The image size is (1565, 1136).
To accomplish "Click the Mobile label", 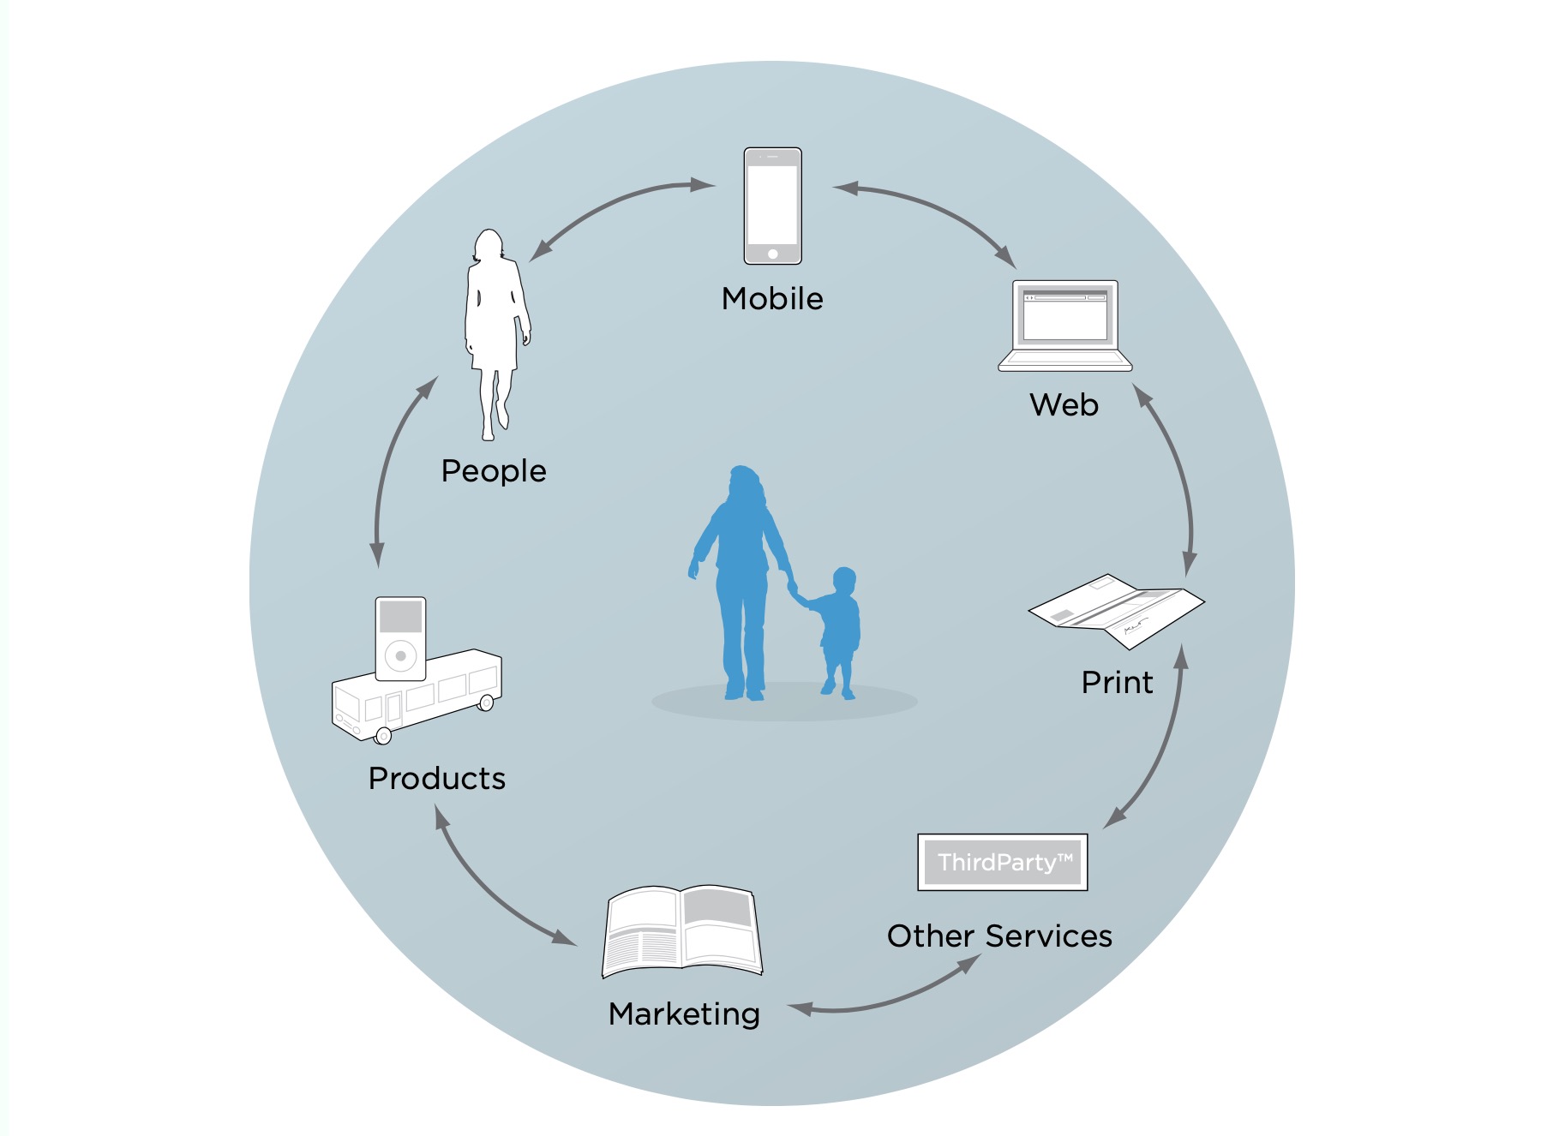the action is tap(772, 299).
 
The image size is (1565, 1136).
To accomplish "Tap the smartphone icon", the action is tap(772, 206).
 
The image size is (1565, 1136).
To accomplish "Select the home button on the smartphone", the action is tap(772, 254).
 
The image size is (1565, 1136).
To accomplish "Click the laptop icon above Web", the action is tap(1064, 326).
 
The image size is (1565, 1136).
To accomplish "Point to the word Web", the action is tap(1064, 404).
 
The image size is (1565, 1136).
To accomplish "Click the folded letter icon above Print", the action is tap(1116, 611).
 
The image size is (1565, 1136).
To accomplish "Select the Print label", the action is tap(1117, 682).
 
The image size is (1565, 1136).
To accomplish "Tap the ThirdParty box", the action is tap(1003, 862).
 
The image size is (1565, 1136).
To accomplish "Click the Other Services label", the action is tap(999, 936).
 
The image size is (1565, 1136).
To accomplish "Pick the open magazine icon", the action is tap(682, 931).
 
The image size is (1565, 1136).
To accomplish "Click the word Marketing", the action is tap(684, 1014).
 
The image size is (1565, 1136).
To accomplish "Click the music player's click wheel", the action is tap(400, 656).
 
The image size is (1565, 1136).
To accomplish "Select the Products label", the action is tap(437, 778).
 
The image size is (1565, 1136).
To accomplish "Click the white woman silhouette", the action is tap(496, 334).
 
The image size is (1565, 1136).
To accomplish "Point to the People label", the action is tap(494, 471).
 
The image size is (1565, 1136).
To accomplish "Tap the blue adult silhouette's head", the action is tap(745, 483).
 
